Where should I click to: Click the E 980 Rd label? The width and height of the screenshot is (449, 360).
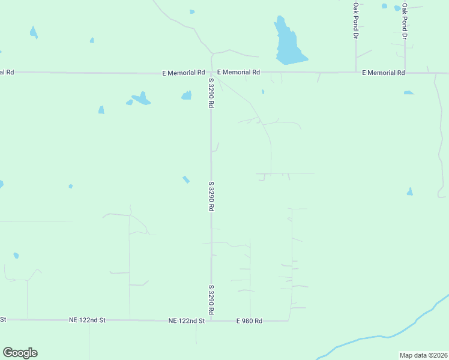point(249,321)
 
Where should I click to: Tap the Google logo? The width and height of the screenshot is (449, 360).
point(20,353)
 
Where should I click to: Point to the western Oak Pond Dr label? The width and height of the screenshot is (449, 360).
point(355,21)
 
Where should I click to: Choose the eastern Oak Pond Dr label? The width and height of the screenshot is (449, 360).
point(405,21)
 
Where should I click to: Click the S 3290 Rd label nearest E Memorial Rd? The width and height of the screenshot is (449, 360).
point(211,93)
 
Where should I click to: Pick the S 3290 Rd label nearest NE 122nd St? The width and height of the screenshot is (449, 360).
point(211,300)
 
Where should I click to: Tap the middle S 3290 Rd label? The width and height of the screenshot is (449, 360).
point(211,196)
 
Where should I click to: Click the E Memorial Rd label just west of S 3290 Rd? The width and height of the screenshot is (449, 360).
point(184,73)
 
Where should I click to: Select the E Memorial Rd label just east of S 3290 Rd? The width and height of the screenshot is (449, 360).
point(238,72)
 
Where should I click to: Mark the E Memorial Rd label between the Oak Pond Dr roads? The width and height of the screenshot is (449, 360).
point(384,73)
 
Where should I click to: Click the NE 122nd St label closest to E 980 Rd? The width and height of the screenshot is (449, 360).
point(187,321)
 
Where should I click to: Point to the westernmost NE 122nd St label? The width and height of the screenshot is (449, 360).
point(87,321)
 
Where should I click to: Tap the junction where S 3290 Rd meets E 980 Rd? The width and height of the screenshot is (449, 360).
point(211,321)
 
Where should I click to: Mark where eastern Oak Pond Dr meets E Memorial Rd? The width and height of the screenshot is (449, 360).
point(405,73)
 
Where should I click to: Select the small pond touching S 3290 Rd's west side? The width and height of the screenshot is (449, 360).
point(187,95)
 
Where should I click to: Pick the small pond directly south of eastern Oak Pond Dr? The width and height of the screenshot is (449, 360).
point(409,92)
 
